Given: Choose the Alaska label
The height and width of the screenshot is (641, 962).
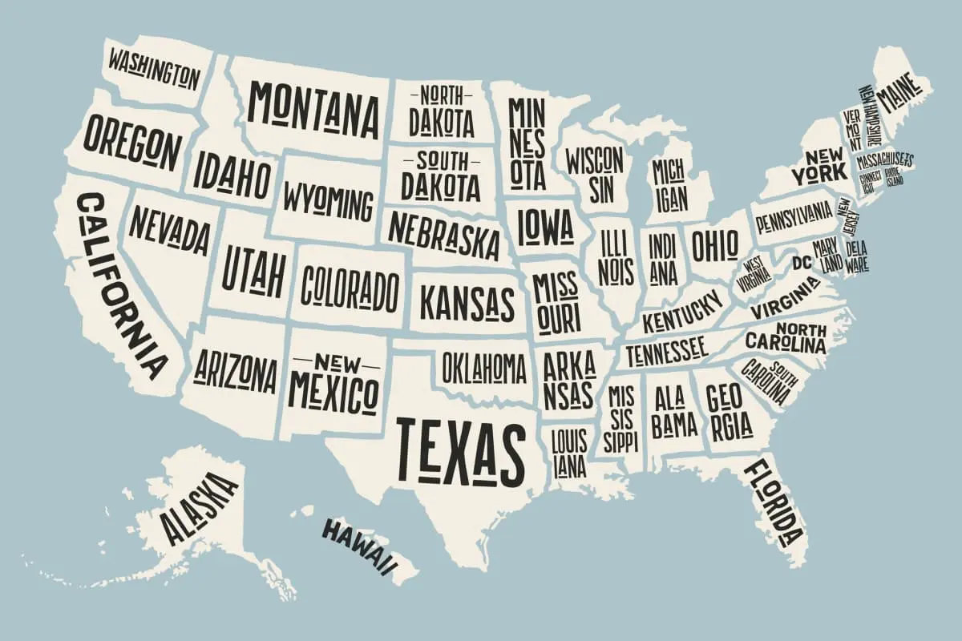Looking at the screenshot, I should click(199, 506).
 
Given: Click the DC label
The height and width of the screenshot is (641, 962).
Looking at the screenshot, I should click(802, 262).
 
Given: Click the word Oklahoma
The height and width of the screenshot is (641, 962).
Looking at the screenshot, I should click(484, 368).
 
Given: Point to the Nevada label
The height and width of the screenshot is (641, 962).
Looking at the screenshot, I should click(169, 228).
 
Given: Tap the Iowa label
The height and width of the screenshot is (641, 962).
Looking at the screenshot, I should click(545, 225).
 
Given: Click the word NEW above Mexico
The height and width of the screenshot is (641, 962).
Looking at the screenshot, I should click(334, 360).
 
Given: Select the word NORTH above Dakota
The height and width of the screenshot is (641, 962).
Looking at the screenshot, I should click(440, 95).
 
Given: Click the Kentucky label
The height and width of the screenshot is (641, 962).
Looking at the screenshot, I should click(683, 310).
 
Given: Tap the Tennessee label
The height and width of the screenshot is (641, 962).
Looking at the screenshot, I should click(666, 350).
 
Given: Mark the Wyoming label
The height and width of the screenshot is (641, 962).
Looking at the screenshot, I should click(328, 200).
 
